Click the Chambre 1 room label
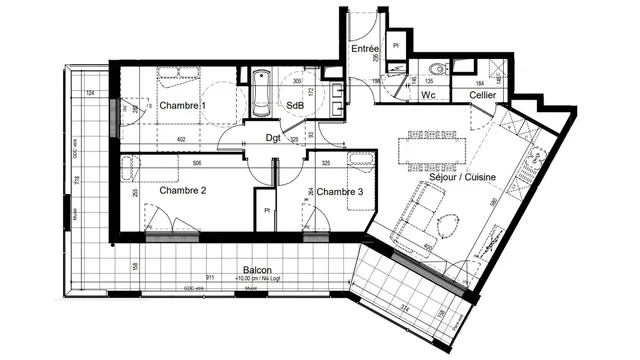pos(182,106)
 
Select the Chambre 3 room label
pos(342,192)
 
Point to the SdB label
pos(296,105)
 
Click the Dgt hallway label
pos(272,138)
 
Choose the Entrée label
pos(364,48)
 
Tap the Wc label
pos(427,96)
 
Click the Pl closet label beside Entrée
pos(396,45)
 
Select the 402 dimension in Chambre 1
pos(181,139)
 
